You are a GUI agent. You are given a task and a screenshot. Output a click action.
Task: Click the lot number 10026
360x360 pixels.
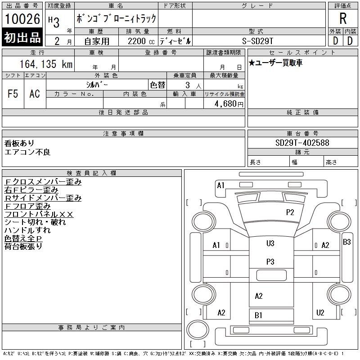pos(22,19)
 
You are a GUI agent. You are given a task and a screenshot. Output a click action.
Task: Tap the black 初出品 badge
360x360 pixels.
pos(22,37)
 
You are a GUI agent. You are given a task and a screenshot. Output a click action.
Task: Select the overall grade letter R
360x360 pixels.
pos(343,18)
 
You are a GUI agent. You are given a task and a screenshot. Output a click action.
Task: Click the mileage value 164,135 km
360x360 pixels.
pos(46,64)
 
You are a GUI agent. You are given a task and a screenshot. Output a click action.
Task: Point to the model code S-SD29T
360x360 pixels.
pos(257,41)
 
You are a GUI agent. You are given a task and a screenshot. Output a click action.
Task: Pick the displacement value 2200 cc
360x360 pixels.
pos(141,41)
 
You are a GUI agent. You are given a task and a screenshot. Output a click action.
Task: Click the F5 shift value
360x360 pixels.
pos(13,94)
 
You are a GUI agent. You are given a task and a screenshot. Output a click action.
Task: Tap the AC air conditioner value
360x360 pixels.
pos(35,94)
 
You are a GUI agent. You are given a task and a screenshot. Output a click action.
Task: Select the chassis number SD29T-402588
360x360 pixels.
pos(302,143)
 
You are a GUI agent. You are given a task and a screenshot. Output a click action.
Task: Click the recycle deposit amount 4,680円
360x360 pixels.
pos(229,104)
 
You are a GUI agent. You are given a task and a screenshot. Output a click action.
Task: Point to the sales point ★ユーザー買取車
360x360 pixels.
pos(275,63)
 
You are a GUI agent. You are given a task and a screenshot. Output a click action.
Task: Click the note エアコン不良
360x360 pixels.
pos(27,152)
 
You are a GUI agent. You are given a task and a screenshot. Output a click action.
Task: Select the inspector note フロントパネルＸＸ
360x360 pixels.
pos(39,214)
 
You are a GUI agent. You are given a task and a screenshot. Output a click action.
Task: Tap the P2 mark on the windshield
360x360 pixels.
pos(290,212)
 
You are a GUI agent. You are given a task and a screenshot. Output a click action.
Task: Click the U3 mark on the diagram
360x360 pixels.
pos(270,243)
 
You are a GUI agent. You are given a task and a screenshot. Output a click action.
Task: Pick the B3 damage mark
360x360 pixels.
pos(346,242)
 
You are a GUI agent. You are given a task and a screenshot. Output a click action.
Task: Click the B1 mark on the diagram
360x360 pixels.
pos(258,315)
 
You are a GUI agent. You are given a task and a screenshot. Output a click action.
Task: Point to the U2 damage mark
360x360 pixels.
pos(320,312)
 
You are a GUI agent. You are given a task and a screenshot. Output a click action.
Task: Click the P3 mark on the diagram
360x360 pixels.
pos(270,261)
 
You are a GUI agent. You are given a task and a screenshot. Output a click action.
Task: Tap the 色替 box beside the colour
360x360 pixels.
pos(157,85)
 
